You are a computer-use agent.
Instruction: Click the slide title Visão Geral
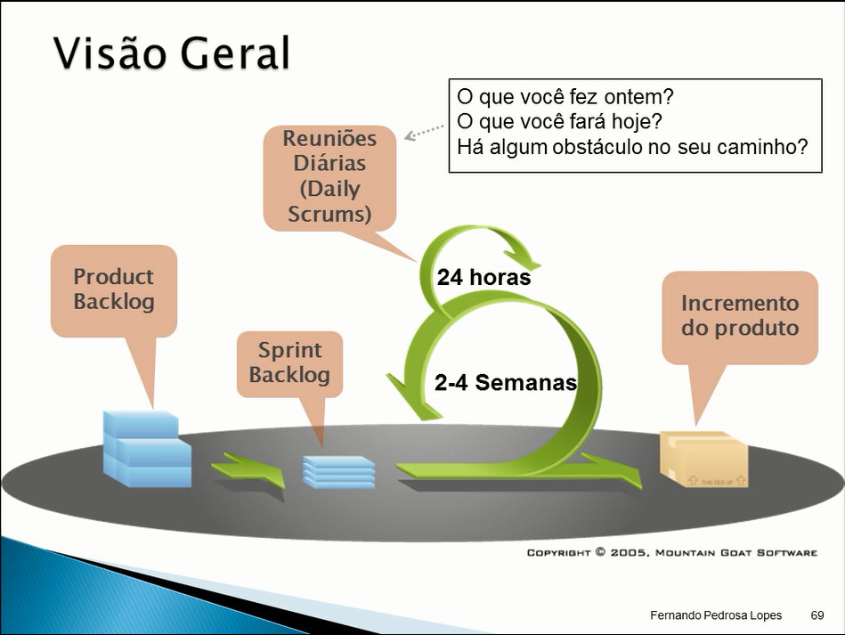[x=172, y=53]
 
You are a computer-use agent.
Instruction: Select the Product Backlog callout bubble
[x=114, y=289]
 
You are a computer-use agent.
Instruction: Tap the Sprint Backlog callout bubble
[x=289, y=362]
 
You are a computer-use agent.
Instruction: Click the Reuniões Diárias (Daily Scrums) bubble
[x=329, y=176]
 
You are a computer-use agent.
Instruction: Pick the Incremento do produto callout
[x=740, y=315]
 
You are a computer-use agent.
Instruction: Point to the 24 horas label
[x=483, y=278]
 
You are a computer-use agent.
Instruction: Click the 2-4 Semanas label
[x=505, y=383]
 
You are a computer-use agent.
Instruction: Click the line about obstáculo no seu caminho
[x=632, y=145]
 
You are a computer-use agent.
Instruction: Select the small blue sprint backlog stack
[x=338, y=471]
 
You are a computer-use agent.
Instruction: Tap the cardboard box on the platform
[x=703, y=459]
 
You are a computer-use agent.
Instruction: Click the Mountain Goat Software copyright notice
[x=671, y=552]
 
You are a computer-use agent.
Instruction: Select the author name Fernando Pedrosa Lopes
[x=716, y=615]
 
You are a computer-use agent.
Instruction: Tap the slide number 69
[x=817, y=615]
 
